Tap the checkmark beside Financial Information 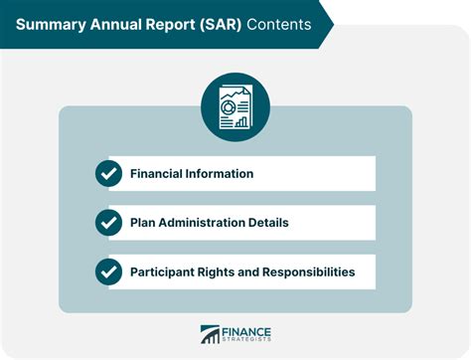[108, 174]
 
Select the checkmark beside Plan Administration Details [108, 223]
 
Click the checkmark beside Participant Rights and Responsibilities [108, 271]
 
